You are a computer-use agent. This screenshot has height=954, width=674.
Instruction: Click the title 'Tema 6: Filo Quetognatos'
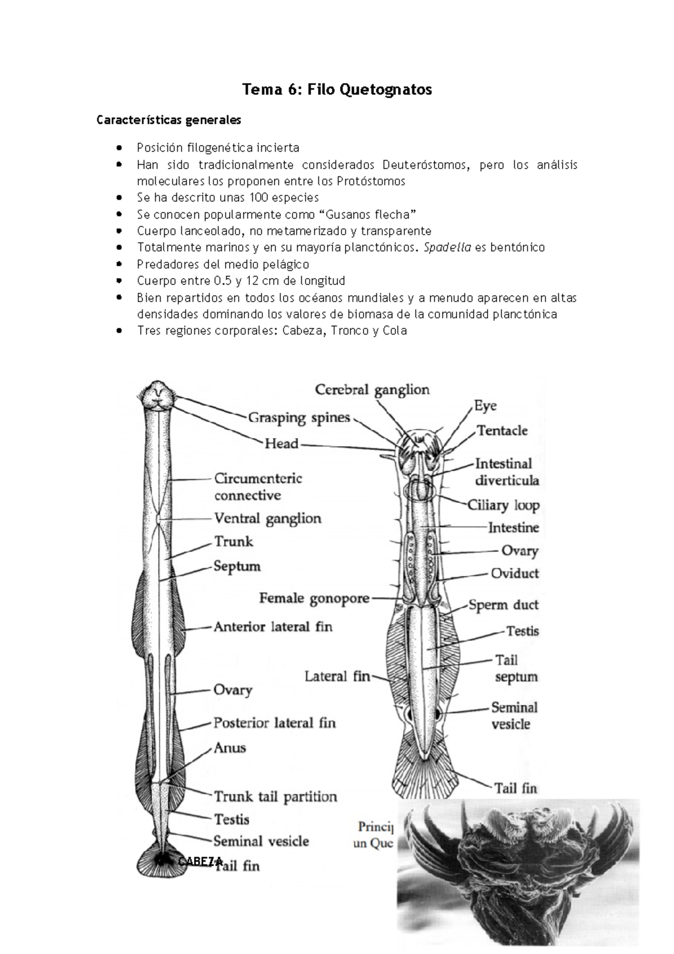(337, 90)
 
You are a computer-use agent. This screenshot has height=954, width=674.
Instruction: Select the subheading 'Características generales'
(168, 120)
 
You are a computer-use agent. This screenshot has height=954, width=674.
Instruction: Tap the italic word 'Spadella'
(448, 248)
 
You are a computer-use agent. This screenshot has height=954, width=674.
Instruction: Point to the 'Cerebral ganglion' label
(372, 390)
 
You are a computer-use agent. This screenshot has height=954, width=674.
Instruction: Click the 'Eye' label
(485, 406)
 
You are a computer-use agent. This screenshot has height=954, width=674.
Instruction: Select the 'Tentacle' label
(502, 431)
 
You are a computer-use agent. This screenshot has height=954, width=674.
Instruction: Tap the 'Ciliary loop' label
(503, 505)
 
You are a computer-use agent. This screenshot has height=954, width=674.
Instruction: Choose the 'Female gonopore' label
(314, 599)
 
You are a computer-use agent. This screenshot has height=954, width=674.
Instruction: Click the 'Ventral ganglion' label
(267, 519)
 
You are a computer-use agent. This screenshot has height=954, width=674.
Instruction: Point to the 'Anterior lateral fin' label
(273, 626)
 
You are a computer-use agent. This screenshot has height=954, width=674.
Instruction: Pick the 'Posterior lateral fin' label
(274, 723)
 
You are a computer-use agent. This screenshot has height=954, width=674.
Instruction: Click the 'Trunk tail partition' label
(275, 797)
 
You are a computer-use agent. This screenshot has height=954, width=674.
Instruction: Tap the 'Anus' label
(230, 748)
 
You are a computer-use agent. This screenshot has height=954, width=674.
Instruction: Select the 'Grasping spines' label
(299, 418)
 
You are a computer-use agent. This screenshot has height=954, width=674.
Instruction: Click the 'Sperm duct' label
(503, 605)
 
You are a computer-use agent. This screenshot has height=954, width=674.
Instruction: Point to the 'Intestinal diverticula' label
(507, 472)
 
